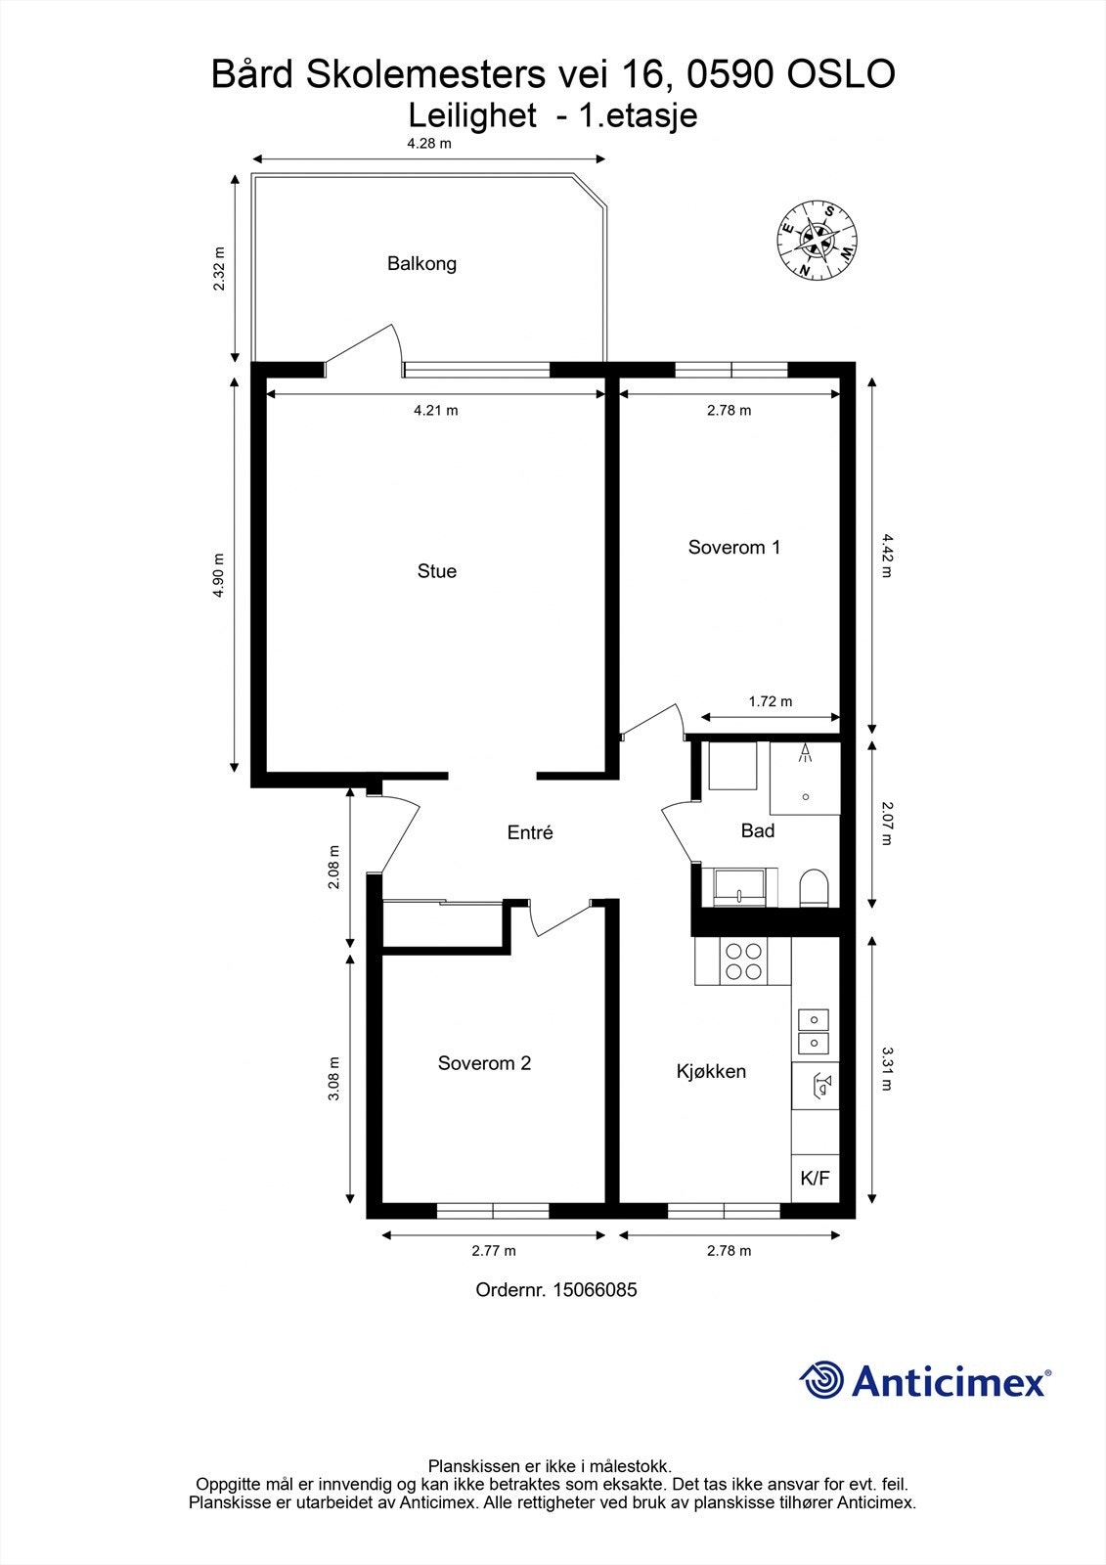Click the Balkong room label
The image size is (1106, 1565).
coord(421,263)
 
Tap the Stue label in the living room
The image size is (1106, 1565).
coord(436,571)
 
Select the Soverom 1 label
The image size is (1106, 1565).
coord(733,547)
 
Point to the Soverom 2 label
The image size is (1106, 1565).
coord(484,1063)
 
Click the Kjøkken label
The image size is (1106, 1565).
coord(711,1071)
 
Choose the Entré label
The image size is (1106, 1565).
coord(530,832)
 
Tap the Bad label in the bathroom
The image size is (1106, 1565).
coord(758,830)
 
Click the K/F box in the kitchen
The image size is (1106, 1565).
coord(815,1178)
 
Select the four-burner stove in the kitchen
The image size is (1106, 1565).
coord(743,961)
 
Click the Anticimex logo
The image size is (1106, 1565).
coord(924,1380)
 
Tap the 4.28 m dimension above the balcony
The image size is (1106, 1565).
coord(429,144)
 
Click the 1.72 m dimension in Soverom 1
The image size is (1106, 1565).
coord(770,701)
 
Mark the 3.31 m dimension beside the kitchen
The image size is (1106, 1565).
coord(887,1068)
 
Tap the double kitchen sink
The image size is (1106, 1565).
coord(814,1031)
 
